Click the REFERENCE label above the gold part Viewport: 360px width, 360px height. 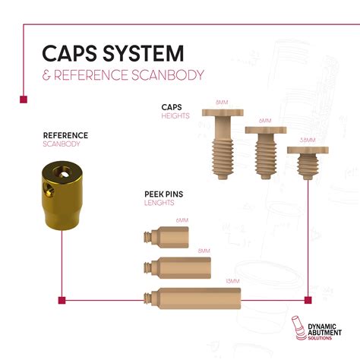[x=65, y=136]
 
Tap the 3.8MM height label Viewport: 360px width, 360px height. [x=307, y=141]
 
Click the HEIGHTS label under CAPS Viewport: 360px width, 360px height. [x=174, y=116]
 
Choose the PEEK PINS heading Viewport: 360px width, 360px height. [x=163, y=194]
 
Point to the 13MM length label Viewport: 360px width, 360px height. [x=232, y=282]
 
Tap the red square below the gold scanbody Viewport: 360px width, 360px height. [x=59, y=298]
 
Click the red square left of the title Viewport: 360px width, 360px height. [x=23, y=99]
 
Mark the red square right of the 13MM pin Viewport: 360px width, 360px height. [x=308, y=299]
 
